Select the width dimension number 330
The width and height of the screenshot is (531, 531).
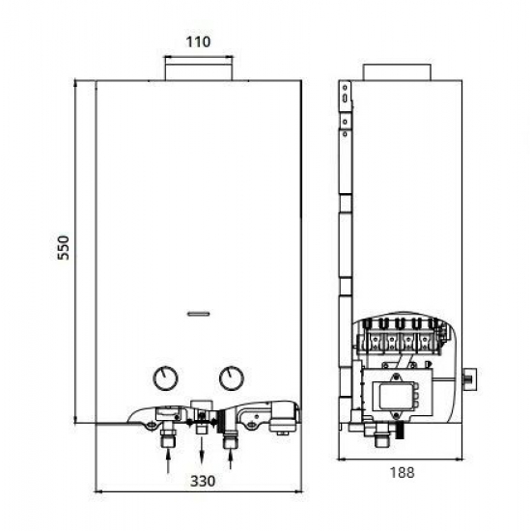pos(201,481)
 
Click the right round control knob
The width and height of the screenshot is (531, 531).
pos(231,377)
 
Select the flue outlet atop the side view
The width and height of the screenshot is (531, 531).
pos(398,73)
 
